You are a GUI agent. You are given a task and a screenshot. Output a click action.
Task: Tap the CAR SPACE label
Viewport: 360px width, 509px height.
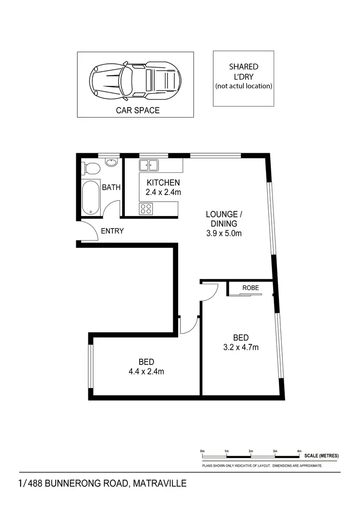pos(138,110)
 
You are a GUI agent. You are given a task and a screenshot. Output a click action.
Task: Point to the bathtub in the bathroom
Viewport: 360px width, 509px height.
pos(91,198)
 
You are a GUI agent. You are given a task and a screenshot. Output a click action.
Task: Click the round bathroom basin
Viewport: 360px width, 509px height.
pos(111,162)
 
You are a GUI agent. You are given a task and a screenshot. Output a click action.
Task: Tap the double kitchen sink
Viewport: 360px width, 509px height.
pos(149,166)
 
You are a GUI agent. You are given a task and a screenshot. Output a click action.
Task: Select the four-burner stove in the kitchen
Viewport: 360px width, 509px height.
pos(146,208)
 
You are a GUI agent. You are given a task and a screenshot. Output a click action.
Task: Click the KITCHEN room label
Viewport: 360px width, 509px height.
pos(163,182)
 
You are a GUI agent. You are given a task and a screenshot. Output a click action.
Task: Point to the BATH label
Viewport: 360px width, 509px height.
pos(111,188)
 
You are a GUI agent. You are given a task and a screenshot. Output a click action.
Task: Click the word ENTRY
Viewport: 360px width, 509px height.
pos(112,231)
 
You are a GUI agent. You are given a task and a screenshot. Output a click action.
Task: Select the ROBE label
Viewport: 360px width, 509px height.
pos(251,288)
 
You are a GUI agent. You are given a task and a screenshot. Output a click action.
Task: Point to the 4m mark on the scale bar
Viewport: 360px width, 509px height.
pos(300,451)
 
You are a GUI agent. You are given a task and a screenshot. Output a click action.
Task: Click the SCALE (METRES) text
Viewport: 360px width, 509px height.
pos(322,456)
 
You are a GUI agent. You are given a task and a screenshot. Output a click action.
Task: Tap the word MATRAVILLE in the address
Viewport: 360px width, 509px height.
pos(156,483)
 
